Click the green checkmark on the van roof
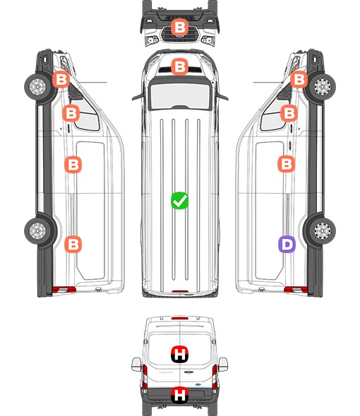click(x=179, y=200)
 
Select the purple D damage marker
click(x=287, y=244)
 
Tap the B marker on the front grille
click(x=179, y=27)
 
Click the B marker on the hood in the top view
click(x=179, y=66)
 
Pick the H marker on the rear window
click(x=179, y=354)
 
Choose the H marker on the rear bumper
click(x=179, y=395)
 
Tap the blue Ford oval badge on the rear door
click(x=198, y=384)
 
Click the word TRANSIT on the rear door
click(x=166, y=372)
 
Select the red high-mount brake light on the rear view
click(x=180, y=318)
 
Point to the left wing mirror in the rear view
click(x=136, y=365)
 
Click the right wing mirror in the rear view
click(x=223, y=365)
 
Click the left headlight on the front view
click(x=152, y=40)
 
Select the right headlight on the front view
click(x=208, y=40)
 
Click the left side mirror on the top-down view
click(x=138, y=97)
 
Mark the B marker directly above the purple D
click(x=286, y=164)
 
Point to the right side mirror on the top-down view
click(x=222, y=97)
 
